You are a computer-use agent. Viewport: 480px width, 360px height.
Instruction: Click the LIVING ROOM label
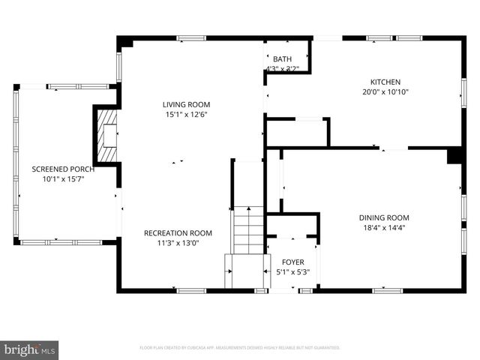[187, 104]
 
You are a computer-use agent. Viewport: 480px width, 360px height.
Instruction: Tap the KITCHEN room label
[385, 82]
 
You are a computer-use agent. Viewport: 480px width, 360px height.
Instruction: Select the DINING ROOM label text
[383, 217]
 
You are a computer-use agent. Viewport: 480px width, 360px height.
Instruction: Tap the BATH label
[282, 59]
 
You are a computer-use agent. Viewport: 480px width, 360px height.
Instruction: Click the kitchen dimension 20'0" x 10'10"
[385, 92]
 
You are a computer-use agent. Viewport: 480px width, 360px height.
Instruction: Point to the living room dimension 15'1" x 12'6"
[187, 114]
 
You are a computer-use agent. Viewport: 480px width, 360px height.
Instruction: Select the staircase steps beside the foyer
[248, 229]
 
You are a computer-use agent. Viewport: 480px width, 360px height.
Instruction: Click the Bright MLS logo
[30, 349]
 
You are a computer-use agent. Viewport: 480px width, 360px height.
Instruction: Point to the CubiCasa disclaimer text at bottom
[240, 348]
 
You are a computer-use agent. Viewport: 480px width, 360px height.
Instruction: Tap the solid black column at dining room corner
[454, 156]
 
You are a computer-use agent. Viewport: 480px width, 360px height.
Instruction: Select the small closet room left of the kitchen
[296, 132]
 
